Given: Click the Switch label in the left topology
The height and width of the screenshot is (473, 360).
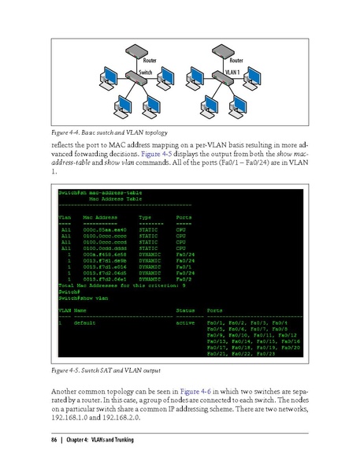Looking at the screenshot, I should pyautogui.click(x=145, y=72).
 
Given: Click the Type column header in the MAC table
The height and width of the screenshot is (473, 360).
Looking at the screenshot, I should pyautogui.click(x=147, y=214).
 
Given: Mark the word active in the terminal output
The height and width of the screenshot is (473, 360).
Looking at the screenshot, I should pyautogui.click(x=186, y=323).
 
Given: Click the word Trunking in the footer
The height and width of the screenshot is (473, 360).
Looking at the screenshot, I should pyautogui.click(x=122, y=439).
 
